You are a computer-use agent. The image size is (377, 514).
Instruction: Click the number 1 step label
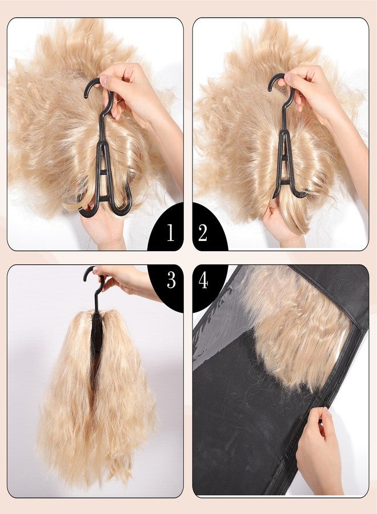point(170,233)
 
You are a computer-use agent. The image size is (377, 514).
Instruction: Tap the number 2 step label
point(203,233)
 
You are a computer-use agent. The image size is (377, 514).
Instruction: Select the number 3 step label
point(171,280)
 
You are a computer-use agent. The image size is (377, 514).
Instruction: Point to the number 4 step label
point(203,280)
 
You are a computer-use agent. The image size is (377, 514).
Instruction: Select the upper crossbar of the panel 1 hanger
point(103,172)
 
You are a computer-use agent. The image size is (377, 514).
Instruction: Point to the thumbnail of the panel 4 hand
point(327,412)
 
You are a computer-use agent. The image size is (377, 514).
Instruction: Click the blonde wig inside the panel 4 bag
point(295,321)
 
